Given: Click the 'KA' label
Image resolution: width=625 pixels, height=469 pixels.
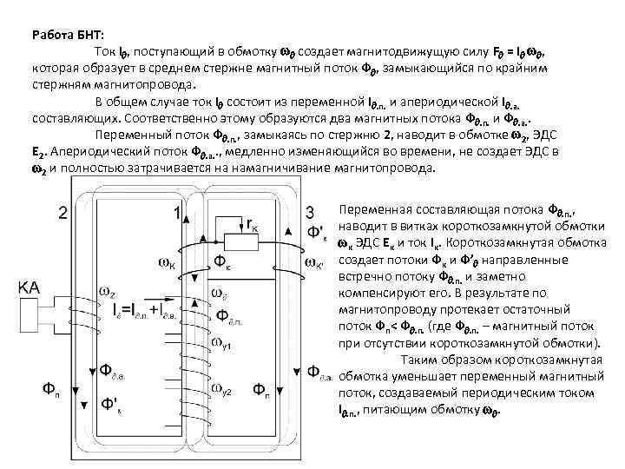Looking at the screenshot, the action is coord(30,285).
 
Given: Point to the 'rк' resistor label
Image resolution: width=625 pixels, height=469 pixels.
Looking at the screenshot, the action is coord(252,225).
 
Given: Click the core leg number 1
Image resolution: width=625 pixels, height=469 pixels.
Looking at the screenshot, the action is coord(178,212).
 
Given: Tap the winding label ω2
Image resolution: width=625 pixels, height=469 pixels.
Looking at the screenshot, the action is coord(108,291).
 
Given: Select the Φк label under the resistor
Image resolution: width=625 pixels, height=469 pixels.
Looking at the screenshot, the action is coord(223,261).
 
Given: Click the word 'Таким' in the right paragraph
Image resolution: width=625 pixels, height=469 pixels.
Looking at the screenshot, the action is coord(422,360).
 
